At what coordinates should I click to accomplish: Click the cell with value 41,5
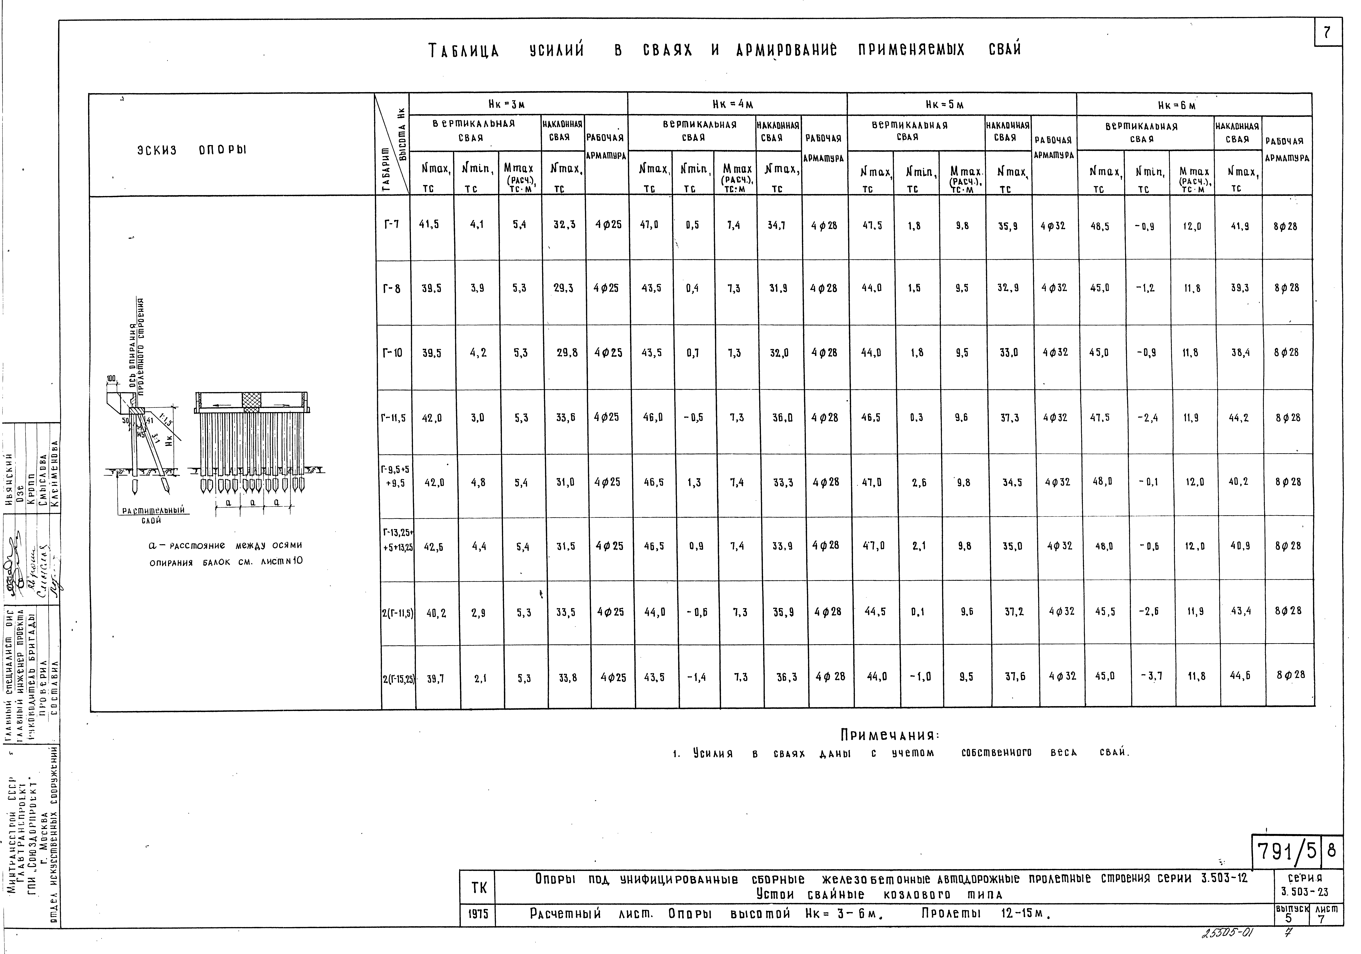[429, 225]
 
